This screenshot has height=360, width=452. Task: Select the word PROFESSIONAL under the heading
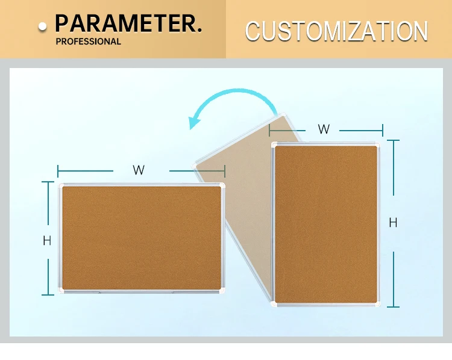pyautogui.click(x=88, y=42)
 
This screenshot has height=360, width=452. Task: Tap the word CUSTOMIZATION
pyautogui.click(x=336, y=31)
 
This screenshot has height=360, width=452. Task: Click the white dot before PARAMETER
pyautogui.click(x=42, y=26)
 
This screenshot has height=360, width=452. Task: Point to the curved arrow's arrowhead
pyautogui.click(x=194, y=122)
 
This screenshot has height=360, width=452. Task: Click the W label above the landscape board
pyautogui.click(x=139, y=170)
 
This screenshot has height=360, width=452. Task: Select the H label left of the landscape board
pyautogui.click(x=47, y=241)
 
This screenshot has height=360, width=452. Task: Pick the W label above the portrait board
pyautogui.click(x=324, y=129)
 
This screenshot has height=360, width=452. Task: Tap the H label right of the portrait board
pyautogui.click(x=393, y=223)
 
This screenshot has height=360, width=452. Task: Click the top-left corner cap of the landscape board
pyautogui.click(x=61, y=185)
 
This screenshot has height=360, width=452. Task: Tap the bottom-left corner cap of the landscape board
pyautogui.click(x=61, y=291)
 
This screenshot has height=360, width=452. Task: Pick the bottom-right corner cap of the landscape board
pyautogui.click(x=222, y=291)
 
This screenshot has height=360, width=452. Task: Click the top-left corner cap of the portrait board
pyautogui.click(x=275, y=145)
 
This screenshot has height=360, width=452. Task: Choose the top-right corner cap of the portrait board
pyautogui.click(x=377, y=145)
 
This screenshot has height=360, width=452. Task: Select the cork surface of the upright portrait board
pyautogui.click(x=326, y=225)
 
